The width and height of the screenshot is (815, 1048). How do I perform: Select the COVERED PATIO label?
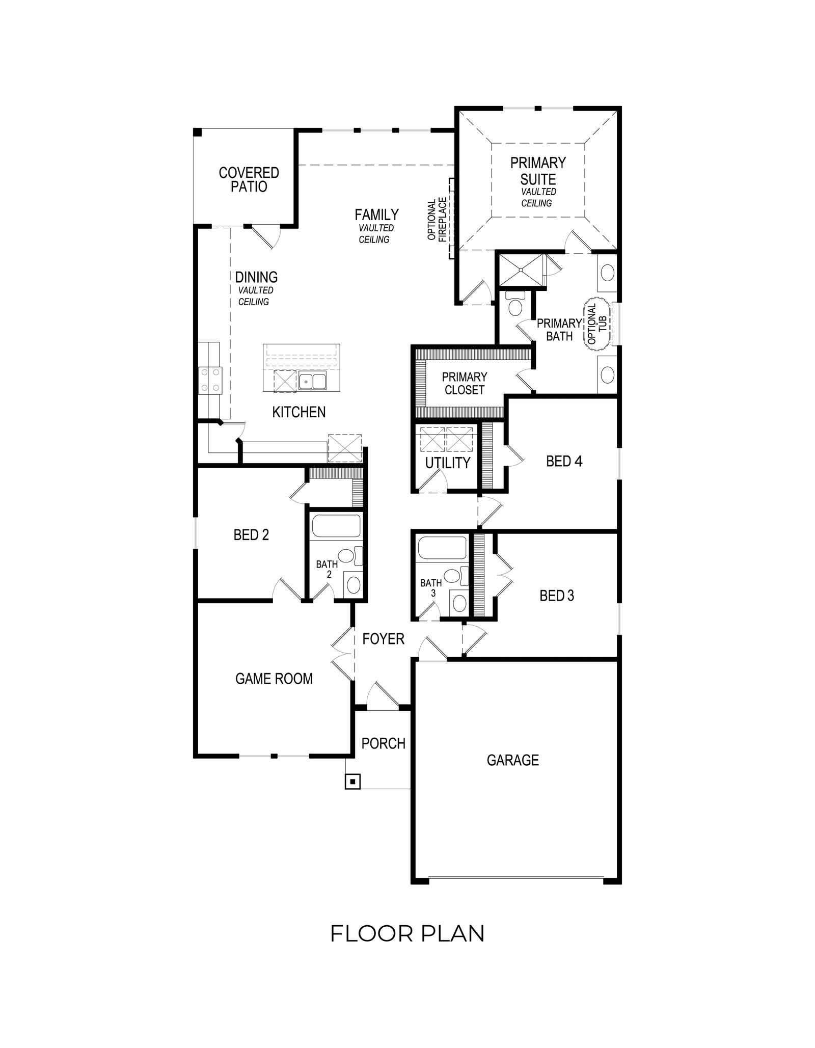point(249,179)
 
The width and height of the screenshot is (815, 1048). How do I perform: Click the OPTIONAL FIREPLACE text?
point(437,220)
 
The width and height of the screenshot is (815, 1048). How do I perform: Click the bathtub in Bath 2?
point(336,525)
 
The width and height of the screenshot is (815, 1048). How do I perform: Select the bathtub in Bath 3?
point(442,548)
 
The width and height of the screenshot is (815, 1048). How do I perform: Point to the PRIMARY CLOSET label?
point(464,383)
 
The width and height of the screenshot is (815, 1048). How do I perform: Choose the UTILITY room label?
point(448,463)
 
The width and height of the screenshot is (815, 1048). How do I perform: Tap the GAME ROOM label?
point(274,678)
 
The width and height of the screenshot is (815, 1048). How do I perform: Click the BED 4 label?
point(564,461)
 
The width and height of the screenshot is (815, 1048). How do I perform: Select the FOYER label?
point(383,638)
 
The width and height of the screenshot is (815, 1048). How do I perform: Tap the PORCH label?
point(384,743)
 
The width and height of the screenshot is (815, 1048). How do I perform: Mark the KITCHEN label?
point(299,412)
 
